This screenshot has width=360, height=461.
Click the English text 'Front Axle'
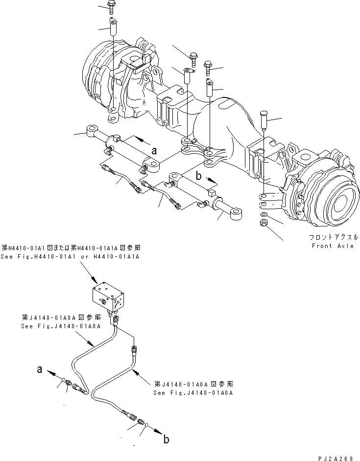(x=332, y=246)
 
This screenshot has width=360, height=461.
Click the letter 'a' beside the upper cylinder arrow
(x=153, y=151)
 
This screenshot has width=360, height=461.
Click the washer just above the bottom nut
(x=264, y=215)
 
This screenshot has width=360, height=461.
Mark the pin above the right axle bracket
(x=263, y=119)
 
